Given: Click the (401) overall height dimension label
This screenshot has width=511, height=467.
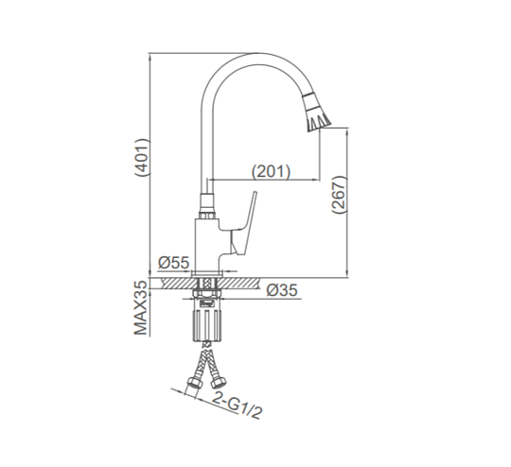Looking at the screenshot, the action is point(142,157).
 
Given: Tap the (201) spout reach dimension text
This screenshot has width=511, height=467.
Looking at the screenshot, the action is point(271,171).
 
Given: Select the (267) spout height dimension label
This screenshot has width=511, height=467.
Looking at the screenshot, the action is point(339,195).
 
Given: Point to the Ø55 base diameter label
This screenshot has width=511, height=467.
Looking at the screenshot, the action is point(173,263).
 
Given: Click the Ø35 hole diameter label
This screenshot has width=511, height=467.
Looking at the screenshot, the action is point(282,290).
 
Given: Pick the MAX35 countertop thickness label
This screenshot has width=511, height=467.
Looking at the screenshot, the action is point(141,307).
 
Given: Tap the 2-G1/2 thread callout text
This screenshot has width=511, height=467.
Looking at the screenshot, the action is point(238,405).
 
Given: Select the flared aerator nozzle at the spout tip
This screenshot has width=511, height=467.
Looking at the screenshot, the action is point(316,112).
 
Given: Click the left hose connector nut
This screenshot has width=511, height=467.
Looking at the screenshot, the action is point(194,382).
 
